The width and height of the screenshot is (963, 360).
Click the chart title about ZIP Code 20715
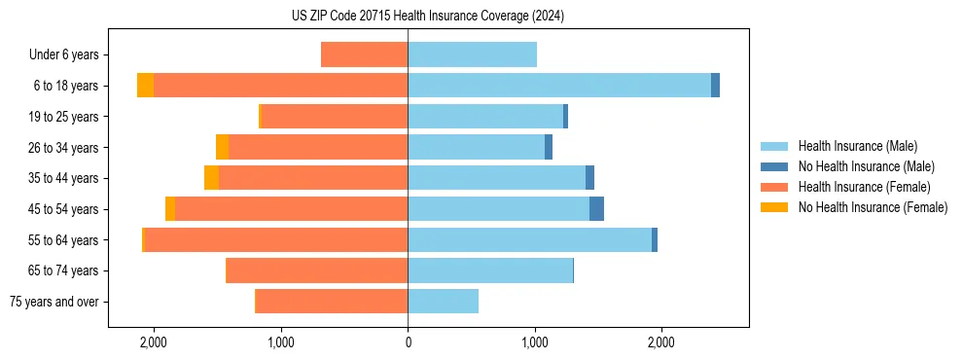click(x=427, y=16)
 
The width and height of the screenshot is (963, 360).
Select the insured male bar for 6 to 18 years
click(x=559, y=86)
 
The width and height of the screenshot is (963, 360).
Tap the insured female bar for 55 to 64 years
click(x=275, y=239)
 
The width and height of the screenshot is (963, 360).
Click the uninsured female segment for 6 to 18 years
click(x=145, y=86)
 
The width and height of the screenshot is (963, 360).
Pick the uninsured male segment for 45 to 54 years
click(x=596, y=209)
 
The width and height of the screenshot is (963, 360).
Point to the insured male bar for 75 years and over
click(x=443, y=302)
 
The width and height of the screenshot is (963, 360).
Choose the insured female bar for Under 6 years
click(x=364, y=54)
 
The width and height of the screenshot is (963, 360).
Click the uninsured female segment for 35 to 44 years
click(x=211, y=178)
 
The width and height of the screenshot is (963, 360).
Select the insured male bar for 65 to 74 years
click(x=490, y=270)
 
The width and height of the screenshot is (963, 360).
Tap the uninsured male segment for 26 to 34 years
click(x=549, y=147)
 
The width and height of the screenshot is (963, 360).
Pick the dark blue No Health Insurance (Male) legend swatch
click(x=774, y=166)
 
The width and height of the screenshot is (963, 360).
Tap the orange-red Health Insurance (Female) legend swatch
click(x=774, y=187)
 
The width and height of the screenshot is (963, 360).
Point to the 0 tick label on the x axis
click(x=408, y=342)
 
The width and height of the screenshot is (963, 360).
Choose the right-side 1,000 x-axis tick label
click(x=534, y=342)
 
